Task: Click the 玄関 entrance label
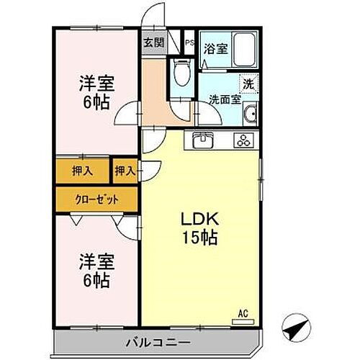coord(153,42)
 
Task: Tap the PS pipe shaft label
coord(189,42)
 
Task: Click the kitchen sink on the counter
coord(204,140)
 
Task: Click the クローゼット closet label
coord(95,199)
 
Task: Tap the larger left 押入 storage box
coord(82,171)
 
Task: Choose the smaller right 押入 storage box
coord(125,171)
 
